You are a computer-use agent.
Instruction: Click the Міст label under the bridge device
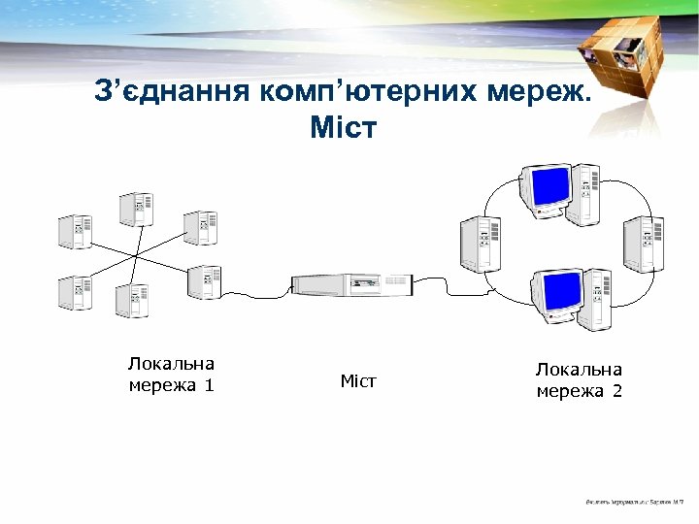point(358,381)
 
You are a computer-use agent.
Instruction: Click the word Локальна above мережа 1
point(171,364)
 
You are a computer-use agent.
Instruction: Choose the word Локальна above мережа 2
point(579,370)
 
